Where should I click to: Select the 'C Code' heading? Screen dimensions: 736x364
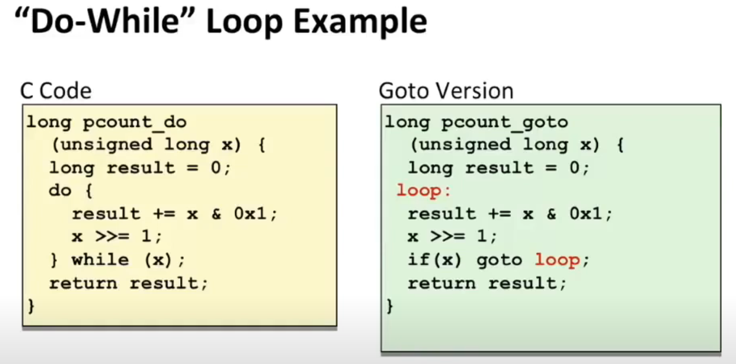click(x=56, y=91)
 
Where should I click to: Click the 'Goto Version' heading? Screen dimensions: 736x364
click(x=446, y=91)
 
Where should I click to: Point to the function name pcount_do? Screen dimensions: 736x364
click(x=135, y=123)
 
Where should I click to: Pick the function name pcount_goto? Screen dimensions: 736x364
click(x=505, y=123)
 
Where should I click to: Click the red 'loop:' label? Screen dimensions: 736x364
click(x=423, y=191)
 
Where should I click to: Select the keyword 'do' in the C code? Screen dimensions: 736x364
click(x=60, y=190)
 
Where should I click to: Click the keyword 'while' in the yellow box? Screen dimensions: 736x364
click(x=100, y=260)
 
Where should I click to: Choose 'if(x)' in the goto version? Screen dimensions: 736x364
click(x=435, y=260)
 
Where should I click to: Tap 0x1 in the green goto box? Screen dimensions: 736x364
click(x=586, y=214)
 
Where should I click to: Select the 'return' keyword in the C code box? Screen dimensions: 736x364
click(x=83, y=283)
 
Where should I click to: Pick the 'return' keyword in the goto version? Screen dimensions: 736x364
click(x=442, y=283)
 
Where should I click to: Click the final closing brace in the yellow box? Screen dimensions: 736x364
click(x=31, y=306)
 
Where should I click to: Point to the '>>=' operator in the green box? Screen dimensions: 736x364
click(x=447, y=237)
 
